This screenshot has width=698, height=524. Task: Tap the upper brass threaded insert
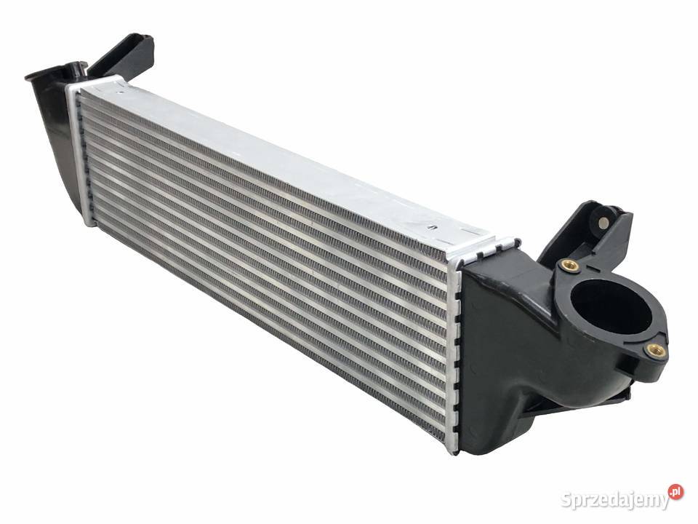click(x=569, y=266)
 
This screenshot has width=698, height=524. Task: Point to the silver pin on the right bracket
click(x=603, y=223)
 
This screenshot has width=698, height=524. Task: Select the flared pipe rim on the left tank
click(x=53, y=71)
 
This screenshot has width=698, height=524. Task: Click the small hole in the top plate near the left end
click(x=119, y=93)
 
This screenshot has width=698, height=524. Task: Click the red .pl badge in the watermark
click(x=675, y=491)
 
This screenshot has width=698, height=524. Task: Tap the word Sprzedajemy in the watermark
click(x=615, y=500)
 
